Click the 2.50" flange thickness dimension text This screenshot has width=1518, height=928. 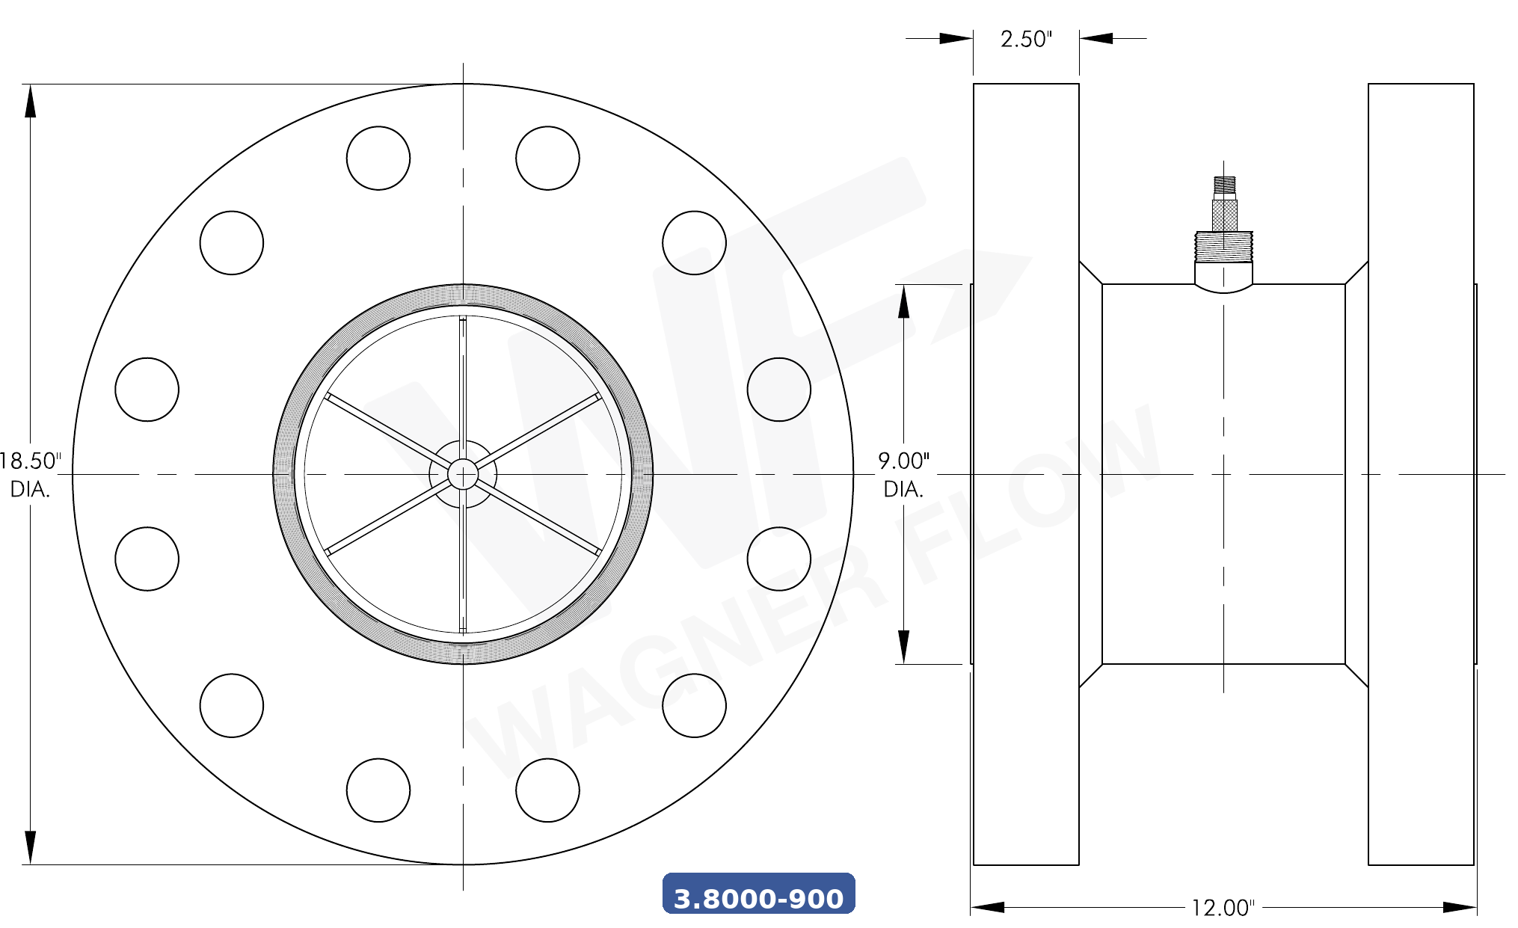[x=1026, y=39]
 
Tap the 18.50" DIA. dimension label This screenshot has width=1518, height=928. [x=30, y=474]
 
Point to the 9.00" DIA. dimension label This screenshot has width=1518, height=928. [x=903, y=474]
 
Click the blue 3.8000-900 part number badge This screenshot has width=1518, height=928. [x=758, y=894]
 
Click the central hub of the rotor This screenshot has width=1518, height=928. [x=463, y=474]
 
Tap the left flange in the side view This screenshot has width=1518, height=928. [x=1026, y=474]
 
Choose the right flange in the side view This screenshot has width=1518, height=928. [x=1421, y=474]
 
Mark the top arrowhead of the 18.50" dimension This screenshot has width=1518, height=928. [x=30, y=101]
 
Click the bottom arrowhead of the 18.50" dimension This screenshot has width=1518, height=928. [x=30, y=847]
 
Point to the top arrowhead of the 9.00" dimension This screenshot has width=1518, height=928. [x=903, y=301]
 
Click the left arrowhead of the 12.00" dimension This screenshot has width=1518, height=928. [x=987, y=907]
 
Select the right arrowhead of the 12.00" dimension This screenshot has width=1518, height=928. [x=1460, y=907]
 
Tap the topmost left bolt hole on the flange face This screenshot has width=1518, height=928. [x=378, y=158]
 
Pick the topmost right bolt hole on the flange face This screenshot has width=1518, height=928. [x=547, y=158]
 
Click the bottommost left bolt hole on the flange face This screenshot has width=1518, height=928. [x=378, y=790]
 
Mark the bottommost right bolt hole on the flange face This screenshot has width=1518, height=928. [x=547, y=790]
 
